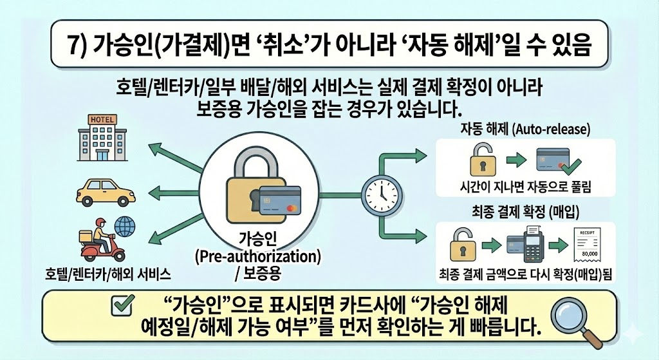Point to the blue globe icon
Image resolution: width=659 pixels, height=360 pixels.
tap(124, 227)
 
